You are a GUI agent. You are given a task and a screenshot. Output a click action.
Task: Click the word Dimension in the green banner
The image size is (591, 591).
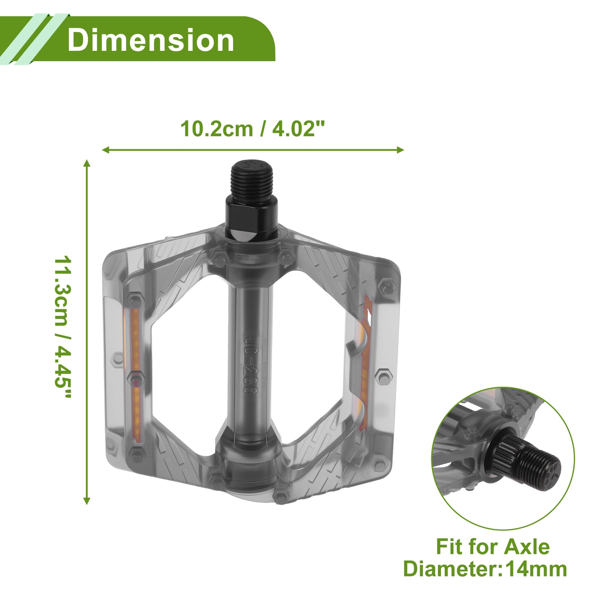click(x=151, y=40)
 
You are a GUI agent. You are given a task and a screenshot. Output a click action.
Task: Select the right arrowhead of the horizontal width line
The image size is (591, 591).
click(x=400, y=150)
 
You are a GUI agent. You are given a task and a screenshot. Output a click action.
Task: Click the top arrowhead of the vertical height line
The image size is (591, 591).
click(x=87, y=163)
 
